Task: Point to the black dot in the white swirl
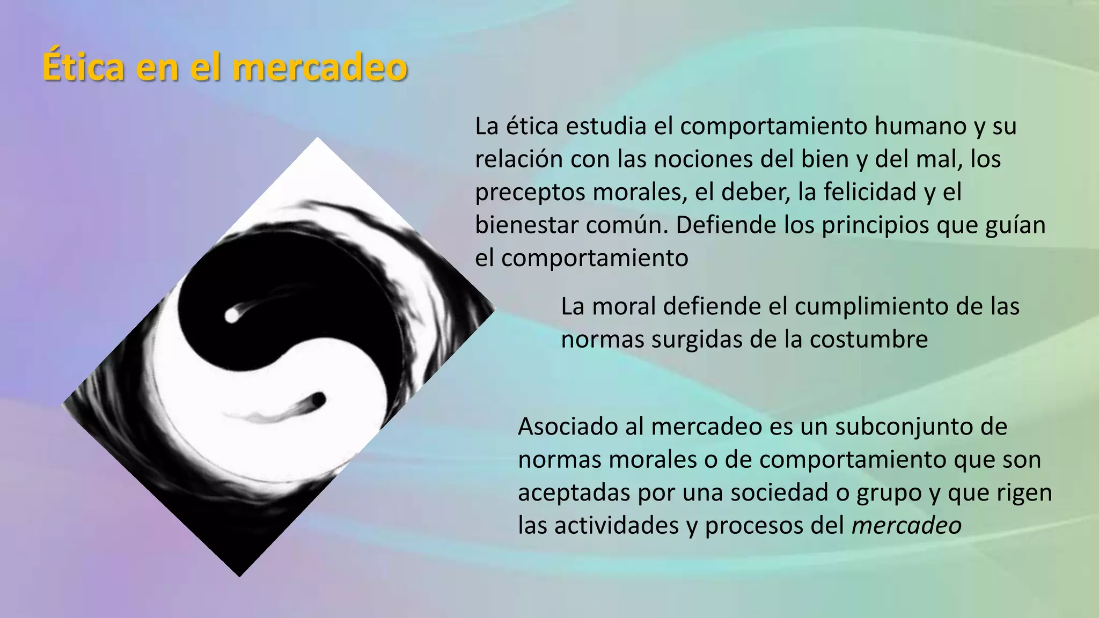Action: [x=318, y=400]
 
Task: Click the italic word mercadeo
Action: [x=906, y=526]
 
